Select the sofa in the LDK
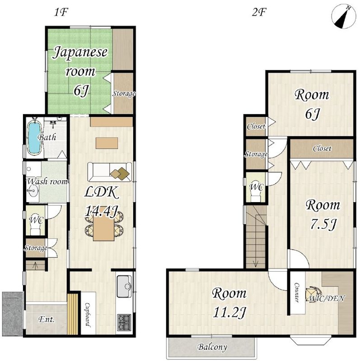[110, 172]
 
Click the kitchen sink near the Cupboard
[125, 287]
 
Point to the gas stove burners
[125, 322]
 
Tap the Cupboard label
[88, 315]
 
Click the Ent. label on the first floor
[47, 319]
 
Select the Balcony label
[212, 347]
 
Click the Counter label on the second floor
[297, 292]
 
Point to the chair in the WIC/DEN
[311, 294]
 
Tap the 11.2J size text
[229, 312]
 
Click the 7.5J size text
[323, 224]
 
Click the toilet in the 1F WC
[35, 227]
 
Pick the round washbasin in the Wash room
[33, 191]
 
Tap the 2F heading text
[259, 12]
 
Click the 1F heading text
[61, 12]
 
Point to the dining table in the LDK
[103, 229]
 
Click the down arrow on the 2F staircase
[256, 263]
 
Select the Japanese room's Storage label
[124, 94]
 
